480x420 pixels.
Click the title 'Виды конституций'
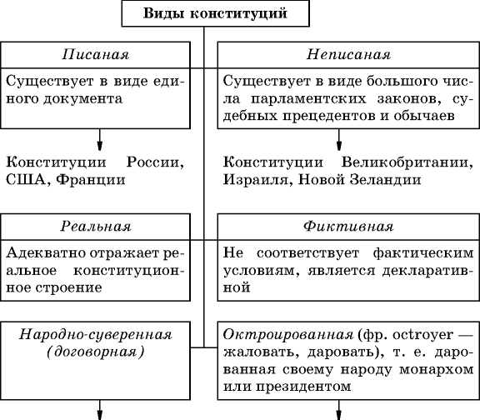tap(215, 13)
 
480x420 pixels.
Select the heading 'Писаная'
tap(96, 54)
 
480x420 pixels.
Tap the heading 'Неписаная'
tap(348, 54)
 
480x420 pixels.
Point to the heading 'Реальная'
tap(96, 227)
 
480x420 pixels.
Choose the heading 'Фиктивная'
tap(348, 227)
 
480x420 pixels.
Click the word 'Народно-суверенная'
tap(96, 335)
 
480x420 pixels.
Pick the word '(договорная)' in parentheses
tap(96, 352)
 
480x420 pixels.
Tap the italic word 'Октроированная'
tap(288, 335)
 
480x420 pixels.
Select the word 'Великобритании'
tap(407, 162)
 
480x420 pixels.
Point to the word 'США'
tap(26, 180)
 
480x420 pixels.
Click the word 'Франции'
tap(91, 180)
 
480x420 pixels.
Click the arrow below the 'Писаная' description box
tap(99, 140)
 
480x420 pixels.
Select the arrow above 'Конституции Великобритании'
tap(338, 140)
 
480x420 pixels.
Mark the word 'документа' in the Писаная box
tap(83, 99)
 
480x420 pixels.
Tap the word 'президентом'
tap(303, 387)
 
